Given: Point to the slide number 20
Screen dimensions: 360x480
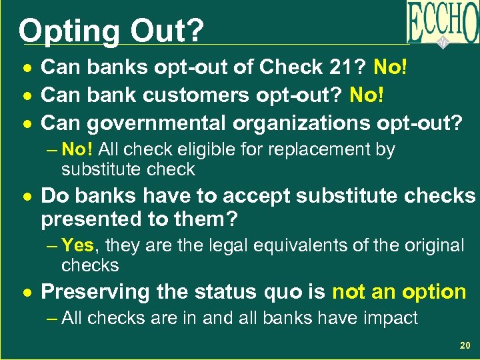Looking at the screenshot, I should [465, 346].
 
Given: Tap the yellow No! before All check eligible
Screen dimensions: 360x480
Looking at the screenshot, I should [77, 150].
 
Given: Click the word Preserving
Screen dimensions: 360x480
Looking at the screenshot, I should [95, 291].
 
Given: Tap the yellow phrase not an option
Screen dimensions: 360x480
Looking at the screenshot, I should [399, 291].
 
